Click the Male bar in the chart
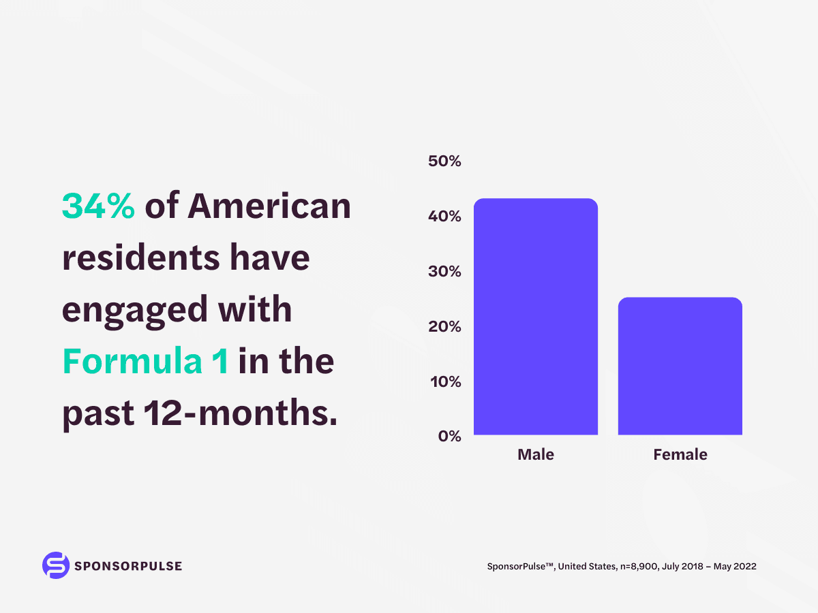tap(535, 317)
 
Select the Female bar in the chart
tap(680, 366)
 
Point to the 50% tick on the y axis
tap(444, 161)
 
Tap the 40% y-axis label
tap(444, 217)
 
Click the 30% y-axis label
tap(444, 272)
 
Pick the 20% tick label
tap(444, 326)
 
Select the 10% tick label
tap(444, 381)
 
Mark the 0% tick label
tap(449, 436)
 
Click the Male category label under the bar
tap(535, 454)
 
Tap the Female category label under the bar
tap(680, 454)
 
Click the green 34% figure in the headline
tap(98, 206)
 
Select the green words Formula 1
tap(145, 362)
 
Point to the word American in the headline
tap(269, 206)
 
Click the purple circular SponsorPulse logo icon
tap(56, 565)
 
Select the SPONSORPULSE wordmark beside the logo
tap(129, 566)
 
